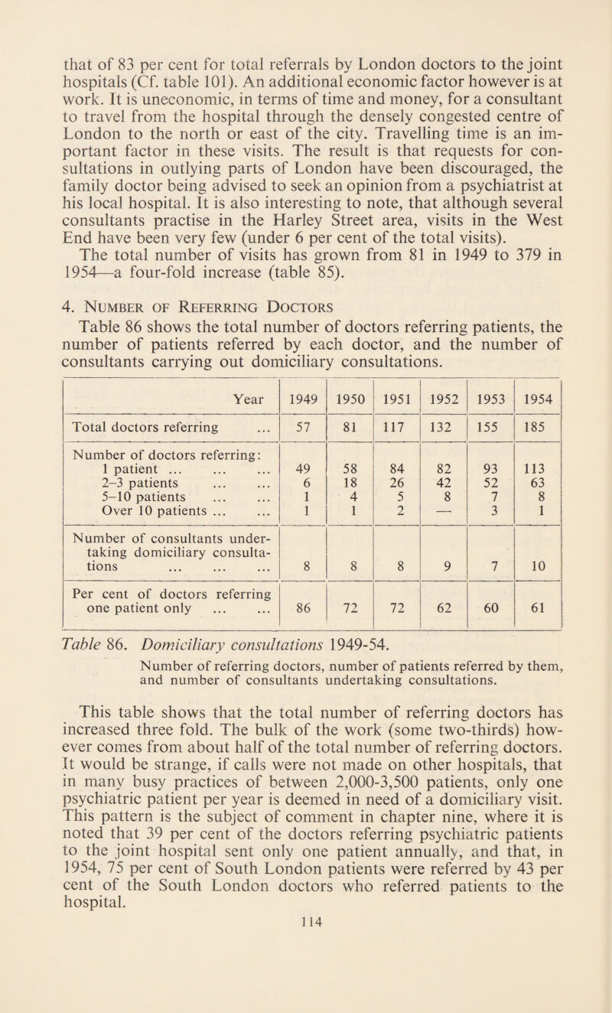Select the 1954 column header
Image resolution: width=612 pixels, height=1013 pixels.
point(539,397)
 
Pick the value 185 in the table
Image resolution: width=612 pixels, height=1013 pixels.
point(539,441)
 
